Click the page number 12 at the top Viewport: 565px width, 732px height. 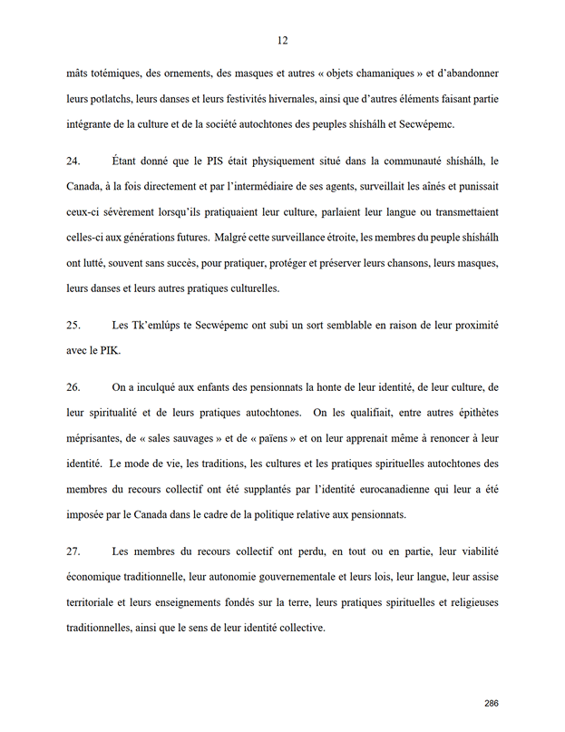[x=282, y=40]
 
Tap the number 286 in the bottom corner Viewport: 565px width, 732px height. [x=492, y=703]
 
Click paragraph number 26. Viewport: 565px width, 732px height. [x=73, y=386]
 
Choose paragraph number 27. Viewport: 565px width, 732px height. [x=73, y=551]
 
